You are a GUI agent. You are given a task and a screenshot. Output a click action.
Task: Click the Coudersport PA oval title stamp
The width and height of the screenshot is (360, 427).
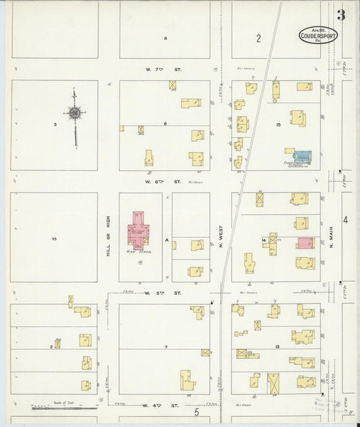[x=318, y=34]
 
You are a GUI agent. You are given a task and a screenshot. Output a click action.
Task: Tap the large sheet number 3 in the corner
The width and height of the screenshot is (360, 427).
[x=342, y=15]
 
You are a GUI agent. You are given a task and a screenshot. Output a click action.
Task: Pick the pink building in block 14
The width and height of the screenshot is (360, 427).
[x=305, y=243]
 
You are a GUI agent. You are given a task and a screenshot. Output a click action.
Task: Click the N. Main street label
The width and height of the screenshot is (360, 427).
[x=332, y=236]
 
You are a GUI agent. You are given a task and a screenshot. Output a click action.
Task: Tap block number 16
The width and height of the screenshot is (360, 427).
[x=54, y=238]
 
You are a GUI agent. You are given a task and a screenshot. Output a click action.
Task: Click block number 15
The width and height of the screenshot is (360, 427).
[x=278, y=124]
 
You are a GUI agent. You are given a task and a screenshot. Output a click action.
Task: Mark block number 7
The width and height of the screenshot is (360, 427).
[x=165, y=347]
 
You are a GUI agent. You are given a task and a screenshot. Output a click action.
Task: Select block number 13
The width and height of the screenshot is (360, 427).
[x=278, y=346]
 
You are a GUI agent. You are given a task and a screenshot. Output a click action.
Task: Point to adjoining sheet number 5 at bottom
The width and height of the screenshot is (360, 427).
[x=197, y=411]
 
